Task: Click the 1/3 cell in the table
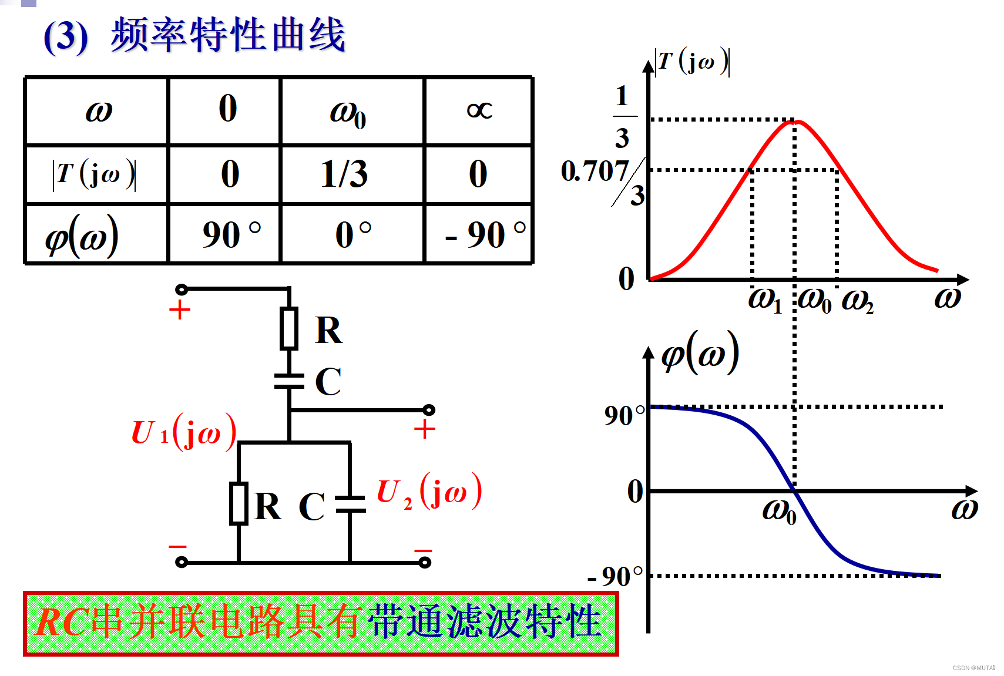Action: pos(345,174)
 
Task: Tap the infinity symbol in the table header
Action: pos(479,110)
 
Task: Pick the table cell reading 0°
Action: pos(353,234)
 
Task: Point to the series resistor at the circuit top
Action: pos(289,328)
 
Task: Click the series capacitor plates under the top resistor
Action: pos(289,381)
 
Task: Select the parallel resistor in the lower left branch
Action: pos(239,503)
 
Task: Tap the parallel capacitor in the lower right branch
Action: pos(350,504)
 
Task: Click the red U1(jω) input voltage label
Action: pos(184,432)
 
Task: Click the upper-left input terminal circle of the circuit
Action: pos(182,289)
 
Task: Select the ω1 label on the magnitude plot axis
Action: pos(764,301)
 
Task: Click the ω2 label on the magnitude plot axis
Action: pos(857,301)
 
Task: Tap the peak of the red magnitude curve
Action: pos(794,122)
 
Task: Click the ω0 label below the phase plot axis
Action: pos(779,511)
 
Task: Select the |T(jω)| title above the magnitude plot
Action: pos(693,62)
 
